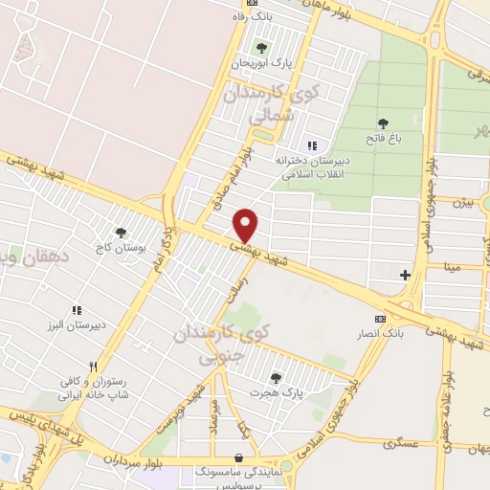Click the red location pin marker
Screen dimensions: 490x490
[247, 226]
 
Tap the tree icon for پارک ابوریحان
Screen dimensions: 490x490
[261, 47]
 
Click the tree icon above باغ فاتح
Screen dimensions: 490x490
[383, 122]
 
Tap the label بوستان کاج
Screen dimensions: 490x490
[120, 246]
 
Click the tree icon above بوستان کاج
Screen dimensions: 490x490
[120, 232]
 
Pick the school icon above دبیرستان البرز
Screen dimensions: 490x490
[77, 309]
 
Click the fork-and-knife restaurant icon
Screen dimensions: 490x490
[93, 366]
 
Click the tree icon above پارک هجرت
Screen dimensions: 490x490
[276, 378]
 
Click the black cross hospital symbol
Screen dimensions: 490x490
[405, 276]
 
